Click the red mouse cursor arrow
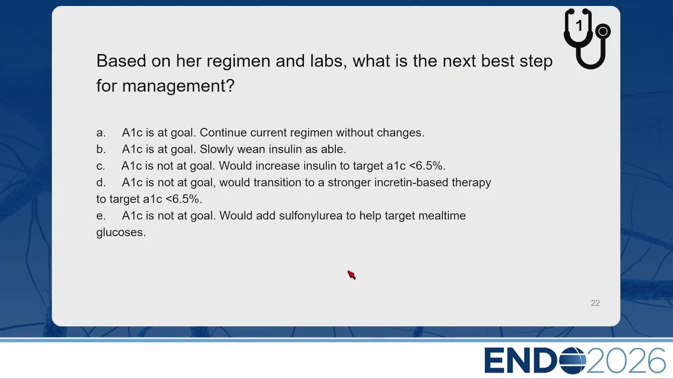tap(352, 275)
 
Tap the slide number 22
tap(595, 303)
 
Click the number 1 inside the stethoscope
tap(579, 26)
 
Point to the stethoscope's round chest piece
tap(603, 31)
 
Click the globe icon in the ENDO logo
tap(573, 361)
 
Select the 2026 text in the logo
tap(626, 361)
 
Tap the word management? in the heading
tap(178, 86)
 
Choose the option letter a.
tap(101, 133)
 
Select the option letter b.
tap(101, 149)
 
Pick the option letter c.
tap(100, 166)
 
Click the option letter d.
tap(101, 182)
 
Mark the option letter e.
tap(101, 216)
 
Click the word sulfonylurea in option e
tap(311, 216)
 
